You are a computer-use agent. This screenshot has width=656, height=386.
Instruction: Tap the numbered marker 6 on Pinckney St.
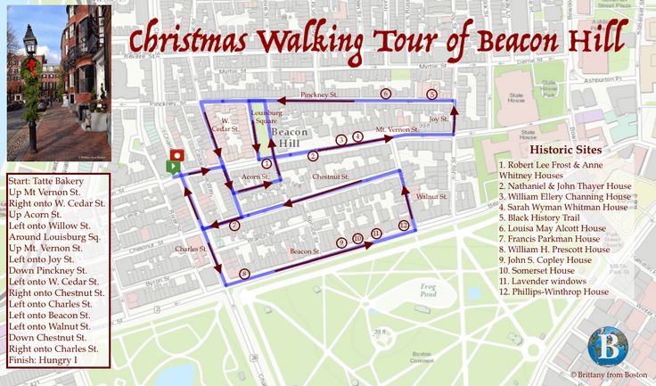click(385, 94)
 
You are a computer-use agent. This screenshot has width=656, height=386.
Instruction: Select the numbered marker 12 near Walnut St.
click(404, 226)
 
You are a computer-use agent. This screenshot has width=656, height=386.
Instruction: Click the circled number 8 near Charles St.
click(243, 273)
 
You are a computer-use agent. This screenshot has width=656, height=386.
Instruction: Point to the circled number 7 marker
click(234, 226)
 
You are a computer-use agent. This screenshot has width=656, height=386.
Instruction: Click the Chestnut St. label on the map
click(330, 177)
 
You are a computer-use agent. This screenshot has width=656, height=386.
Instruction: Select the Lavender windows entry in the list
click(545, 281)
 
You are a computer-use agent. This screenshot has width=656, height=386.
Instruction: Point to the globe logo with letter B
click(608, 346)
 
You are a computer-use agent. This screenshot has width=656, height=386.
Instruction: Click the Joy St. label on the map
click(438, 119)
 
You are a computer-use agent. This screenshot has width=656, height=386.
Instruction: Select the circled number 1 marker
click(266, 163)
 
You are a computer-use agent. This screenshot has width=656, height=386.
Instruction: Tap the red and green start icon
click(176, 161)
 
